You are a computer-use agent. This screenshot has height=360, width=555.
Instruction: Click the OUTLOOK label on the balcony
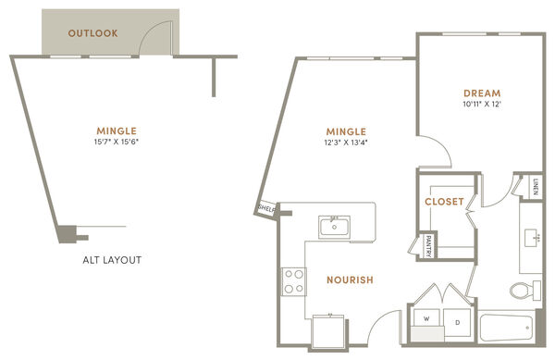93,33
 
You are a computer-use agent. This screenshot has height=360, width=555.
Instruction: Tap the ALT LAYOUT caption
112,260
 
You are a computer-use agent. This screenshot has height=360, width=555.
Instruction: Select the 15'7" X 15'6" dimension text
117,142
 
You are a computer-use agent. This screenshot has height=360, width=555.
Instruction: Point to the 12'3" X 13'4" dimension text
346,143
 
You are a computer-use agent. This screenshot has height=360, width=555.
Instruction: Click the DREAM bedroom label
482,93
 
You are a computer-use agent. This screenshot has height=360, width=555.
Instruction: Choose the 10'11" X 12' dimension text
482,104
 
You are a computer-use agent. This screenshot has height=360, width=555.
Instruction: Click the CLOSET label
444,202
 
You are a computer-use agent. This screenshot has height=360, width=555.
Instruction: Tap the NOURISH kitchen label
350,280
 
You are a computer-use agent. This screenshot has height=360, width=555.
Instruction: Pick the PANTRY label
428,246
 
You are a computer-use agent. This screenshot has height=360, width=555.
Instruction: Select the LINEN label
536,187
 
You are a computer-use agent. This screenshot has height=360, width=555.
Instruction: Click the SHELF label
266,208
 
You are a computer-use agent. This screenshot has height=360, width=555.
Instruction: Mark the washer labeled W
426,318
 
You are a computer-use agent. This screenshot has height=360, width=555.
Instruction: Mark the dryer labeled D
457,322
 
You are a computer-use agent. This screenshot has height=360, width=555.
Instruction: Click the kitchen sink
334,228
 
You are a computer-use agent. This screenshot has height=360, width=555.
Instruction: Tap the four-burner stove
294,281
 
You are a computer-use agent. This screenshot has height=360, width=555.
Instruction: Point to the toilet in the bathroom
524,291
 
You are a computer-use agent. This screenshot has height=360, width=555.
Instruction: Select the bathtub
506,329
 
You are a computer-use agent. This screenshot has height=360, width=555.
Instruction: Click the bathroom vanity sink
533,237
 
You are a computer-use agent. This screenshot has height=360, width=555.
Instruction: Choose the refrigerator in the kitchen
327,331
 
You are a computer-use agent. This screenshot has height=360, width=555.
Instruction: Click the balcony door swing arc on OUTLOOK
151,29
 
